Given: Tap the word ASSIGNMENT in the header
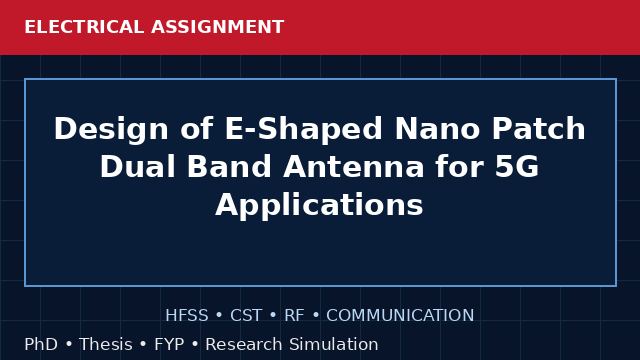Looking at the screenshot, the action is (x=218, y=27).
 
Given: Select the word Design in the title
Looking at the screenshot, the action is (x=111, y=129).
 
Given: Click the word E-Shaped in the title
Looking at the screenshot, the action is (x=303, y=129).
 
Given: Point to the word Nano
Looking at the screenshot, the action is (x=437, y=129).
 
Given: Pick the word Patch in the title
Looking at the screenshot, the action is (x=539, y=129).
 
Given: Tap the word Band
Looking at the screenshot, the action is (x=229, y=167).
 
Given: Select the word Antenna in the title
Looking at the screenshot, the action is (x=353, y=167).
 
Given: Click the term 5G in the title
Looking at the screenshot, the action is (x=517, y=167).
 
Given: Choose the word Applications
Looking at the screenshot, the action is (x=319, y=205).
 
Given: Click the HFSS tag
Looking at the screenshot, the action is (x=187, y=315).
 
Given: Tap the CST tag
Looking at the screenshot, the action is (x=246, y=315).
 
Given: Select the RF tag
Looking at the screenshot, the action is (x=294, y=315).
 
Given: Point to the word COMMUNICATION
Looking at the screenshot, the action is (x=400, y=315).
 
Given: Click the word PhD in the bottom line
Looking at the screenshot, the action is (x=41, y=344).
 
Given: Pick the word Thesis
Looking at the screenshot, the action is (x=106, y=344).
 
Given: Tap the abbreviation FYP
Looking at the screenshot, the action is (x=169, y=344).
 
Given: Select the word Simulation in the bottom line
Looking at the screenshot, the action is (x=334, y=344).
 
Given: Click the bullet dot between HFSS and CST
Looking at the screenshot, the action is (x=219, y=316).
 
